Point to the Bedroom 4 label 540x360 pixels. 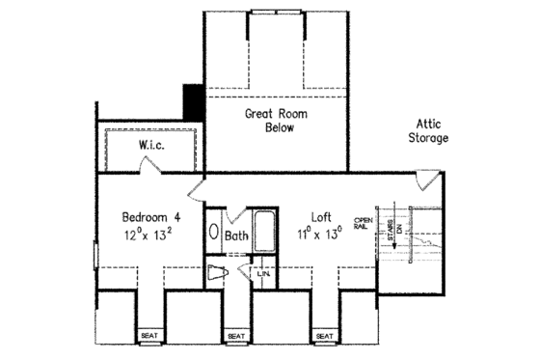tap(149, 216)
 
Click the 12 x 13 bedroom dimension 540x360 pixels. tap(148, 235)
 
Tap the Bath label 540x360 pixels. tap(237, 235)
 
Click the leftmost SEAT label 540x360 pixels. tap(149, 336)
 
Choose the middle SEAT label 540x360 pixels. tap(236, 336)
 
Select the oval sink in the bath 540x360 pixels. tap(213, 235)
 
